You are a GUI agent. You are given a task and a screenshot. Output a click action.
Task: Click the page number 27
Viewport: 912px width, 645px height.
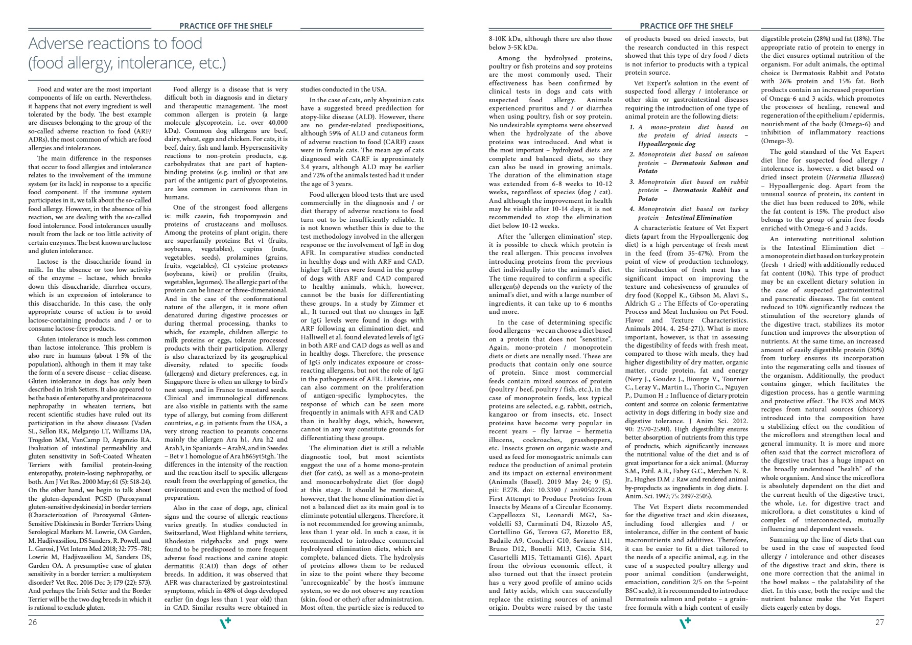coord(879,622)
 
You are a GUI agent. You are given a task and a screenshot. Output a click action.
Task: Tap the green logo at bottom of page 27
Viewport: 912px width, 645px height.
coord(685,623)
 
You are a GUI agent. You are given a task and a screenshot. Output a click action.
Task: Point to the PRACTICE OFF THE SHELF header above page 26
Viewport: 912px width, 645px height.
coord(226,26)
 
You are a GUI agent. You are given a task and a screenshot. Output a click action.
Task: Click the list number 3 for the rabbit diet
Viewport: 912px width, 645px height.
coord(632,182)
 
